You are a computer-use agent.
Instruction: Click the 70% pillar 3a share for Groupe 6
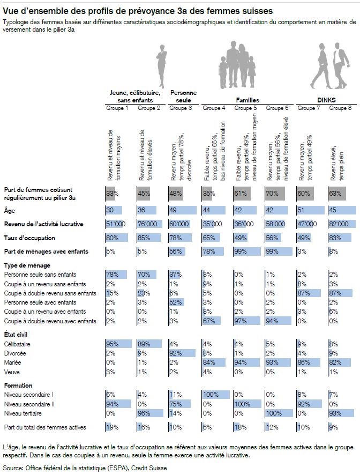point(272,194)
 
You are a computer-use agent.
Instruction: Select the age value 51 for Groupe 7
point(303,210)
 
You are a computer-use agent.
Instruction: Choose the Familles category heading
point(247,100)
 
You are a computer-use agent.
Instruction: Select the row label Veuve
point(12,371)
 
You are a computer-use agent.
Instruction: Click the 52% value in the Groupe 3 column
point(176,302)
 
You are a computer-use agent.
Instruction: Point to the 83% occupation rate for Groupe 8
point(335,238)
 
